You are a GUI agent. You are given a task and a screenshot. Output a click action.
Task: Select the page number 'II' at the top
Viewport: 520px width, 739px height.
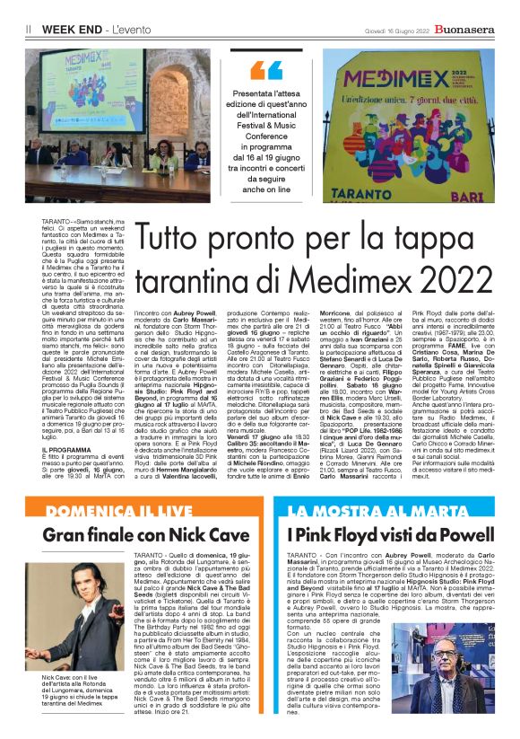point(29,30)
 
